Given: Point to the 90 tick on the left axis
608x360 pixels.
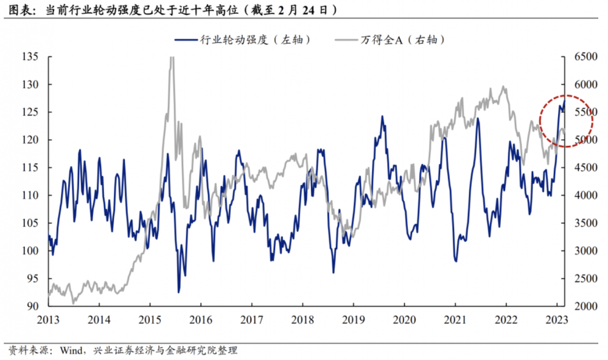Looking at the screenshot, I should pos(32,306).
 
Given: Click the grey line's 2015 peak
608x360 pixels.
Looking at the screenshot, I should pos(171,58).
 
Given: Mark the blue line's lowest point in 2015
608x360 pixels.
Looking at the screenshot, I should pos(179,292).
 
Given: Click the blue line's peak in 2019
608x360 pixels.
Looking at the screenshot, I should pos(383,116).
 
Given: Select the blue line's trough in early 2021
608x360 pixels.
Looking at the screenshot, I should pos(455,260).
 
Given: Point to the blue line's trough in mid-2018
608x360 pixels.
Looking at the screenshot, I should pos(334,272).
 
